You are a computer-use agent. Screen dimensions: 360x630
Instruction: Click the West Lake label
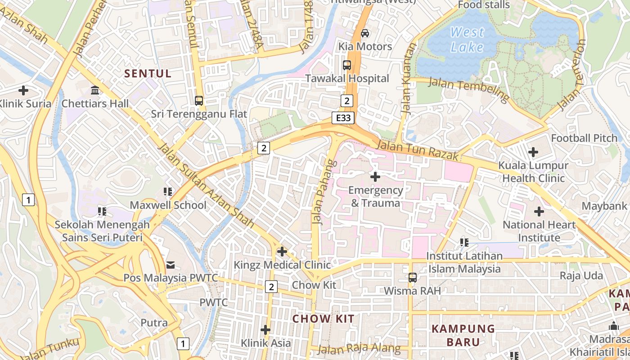tap(467, 40)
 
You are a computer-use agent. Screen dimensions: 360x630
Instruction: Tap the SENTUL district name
tap(148, 74)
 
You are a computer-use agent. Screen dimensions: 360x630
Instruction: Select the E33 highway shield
tap(344, 118)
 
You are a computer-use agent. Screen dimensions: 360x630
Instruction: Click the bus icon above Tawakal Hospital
tap(346, 65)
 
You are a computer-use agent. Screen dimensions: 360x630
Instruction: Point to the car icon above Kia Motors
tap(365, 33)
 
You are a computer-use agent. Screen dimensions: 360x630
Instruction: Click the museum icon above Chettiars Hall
tap(95, 90)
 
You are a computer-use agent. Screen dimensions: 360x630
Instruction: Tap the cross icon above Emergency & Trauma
tap(375, 177)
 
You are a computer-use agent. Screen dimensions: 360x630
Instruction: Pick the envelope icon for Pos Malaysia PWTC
tap(171, 265)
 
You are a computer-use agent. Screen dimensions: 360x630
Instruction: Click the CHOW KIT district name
tap(323, 319)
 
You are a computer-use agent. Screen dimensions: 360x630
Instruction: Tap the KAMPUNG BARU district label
tap(463, 335)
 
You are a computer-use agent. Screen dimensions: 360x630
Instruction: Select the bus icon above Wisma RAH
tap(412, 278)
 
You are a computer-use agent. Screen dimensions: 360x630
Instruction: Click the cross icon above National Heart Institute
tap(539, 211)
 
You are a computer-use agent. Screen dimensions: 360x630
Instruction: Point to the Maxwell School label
tap(168, 205)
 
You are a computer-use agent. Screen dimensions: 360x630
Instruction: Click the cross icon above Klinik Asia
tap(265, 330)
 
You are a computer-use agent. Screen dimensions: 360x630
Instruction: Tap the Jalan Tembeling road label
tap(468, 89)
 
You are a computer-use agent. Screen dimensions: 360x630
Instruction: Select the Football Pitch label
tap(584, 138)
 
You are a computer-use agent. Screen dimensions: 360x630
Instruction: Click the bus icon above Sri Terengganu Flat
tap(199, 101)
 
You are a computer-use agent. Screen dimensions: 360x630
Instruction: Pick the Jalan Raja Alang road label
tap(359, 348)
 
